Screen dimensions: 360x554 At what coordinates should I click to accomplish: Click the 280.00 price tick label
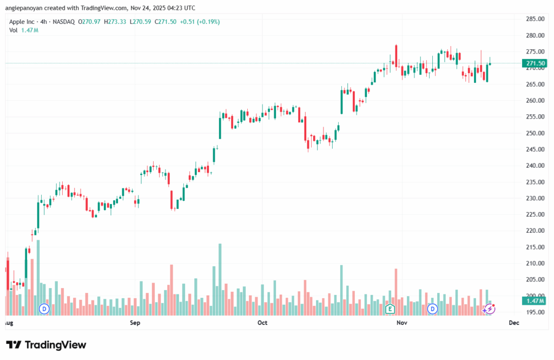(x=535, y=36)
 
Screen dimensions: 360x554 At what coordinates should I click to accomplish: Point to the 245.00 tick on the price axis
(x=535, y=149)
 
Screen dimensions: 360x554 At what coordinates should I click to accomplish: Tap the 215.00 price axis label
(x=535, y=247)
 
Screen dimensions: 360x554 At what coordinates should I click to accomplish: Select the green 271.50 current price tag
(x=535, y=63)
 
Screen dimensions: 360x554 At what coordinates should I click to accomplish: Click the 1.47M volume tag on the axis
(x=535, y=300)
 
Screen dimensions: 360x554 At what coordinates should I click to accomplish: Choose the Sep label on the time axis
(x=135, y=323)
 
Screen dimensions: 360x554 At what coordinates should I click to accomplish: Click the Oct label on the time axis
(x=262, y=323)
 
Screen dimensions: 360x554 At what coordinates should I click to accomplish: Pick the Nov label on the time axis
(x=401, y=323)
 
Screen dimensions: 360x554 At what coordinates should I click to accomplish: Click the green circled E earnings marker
(x=390, y=309)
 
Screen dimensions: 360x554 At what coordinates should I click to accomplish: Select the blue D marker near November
(x=432, y=309)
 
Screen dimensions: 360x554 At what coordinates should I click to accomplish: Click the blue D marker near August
(x=44, y=309)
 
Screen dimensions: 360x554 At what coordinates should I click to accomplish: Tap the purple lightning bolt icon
(x=489, y=309)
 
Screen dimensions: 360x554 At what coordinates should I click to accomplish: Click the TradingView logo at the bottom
(x=46, y=345)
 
